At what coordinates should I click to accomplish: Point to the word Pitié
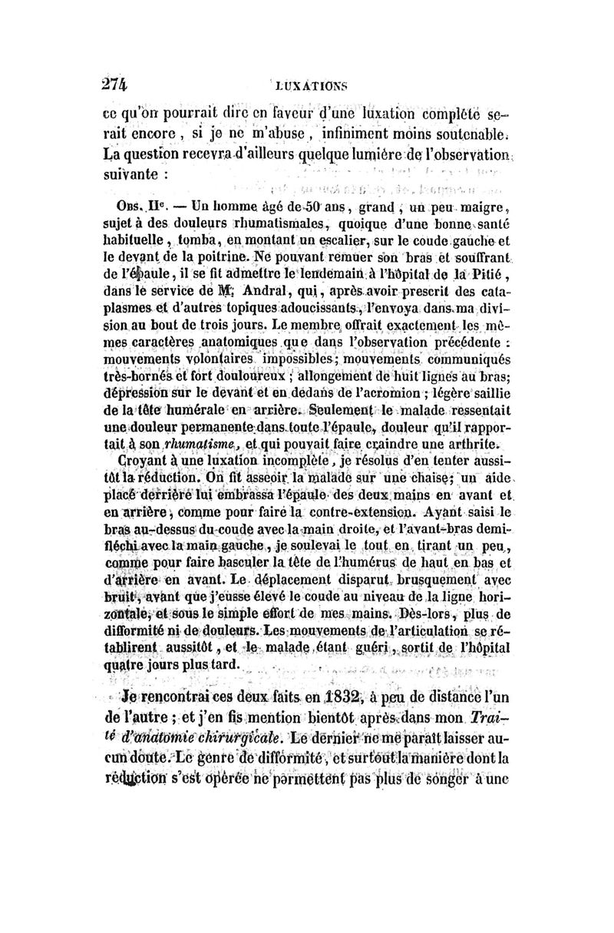pyautogui.click(x=480, y=274)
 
